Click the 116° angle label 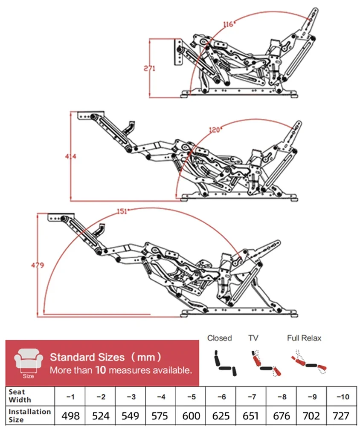pos(228,24)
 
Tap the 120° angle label pos(215,129)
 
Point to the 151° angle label pos(123,211)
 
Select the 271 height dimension pos(149,68)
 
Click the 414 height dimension pos(70,156)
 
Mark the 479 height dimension pos(37,265)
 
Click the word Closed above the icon pos(220,338)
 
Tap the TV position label pos(253,338)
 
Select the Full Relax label pos(304,338)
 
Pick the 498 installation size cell pos(70,416)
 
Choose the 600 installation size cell pos(191,416)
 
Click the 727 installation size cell pos(341,416)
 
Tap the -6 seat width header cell pos(221,396)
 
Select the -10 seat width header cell pos(342,396)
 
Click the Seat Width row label pos(20,396)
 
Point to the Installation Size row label pos(29,416)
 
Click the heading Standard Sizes pos(87,357)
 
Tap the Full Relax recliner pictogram pos(309,362)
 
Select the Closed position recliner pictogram pos(225,363)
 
